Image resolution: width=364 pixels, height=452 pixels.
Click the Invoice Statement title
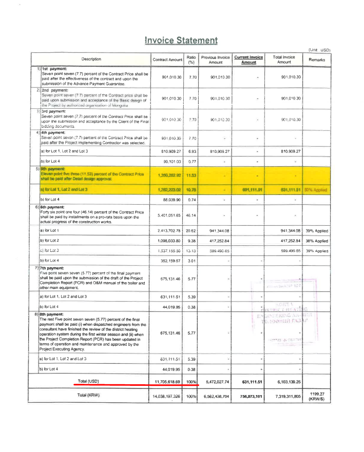[181, 40]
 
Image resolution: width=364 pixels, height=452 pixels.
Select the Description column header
[91, 60]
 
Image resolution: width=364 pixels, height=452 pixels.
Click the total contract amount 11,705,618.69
[168, 382]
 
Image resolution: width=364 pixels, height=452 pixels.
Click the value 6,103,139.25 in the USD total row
[284, 382]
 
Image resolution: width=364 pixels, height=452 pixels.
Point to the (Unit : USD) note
[319, 50]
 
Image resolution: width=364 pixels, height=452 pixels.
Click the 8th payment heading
[50, 314]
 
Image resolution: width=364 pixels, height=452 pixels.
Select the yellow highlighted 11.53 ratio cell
[191, 161]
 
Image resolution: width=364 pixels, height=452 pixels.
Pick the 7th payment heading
[50, 267]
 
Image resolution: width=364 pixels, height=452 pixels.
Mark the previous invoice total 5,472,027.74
[215, 382]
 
